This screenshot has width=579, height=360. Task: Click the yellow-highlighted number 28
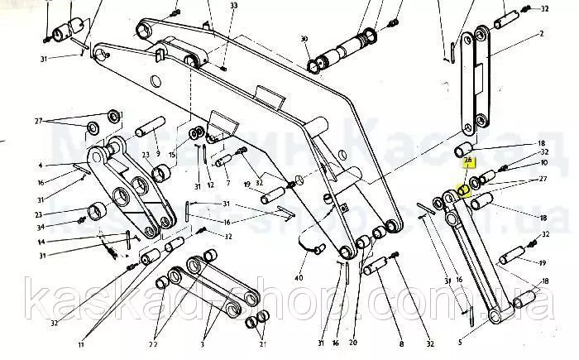468,160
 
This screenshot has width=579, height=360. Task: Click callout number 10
543,164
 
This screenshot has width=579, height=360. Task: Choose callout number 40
299,276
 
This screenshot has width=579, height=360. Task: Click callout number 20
353,343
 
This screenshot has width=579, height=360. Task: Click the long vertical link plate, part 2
476,83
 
